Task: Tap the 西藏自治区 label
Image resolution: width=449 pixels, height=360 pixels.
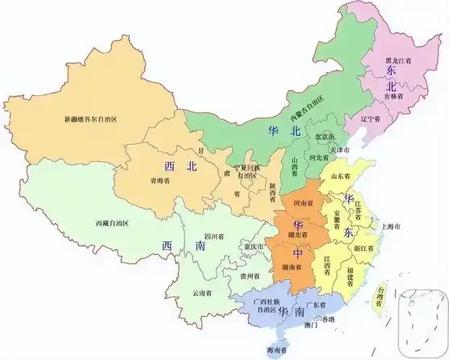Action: pos(111,223)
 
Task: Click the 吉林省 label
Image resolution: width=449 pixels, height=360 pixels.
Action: pos(393,95)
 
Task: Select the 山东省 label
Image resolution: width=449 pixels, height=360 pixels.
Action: pos(339,176)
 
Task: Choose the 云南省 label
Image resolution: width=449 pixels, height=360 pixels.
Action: pos(201,293)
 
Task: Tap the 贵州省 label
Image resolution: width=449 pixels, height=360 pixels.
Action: pos(251,275)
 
